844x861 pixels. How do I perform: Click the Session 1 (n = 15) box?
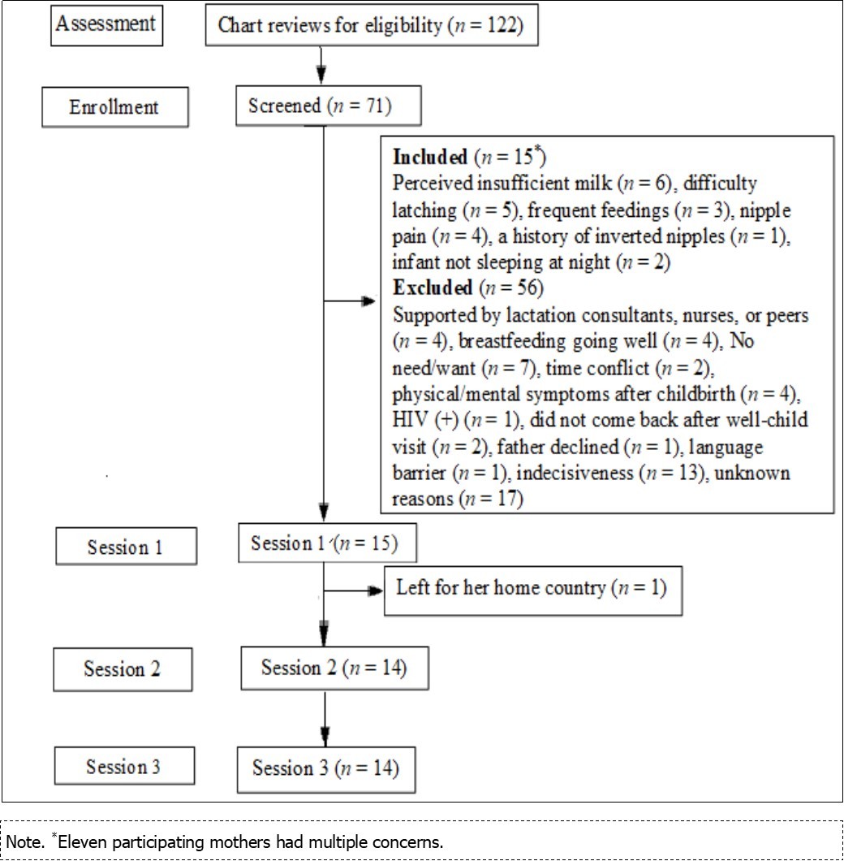click(x=327, y=543)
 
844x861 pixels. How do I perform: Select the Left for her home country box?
click(x=531, y=588)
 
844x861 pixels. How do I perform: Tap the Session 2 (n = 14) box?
click(x=334, y=668)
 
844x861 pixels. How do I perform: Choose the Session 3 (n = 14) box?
click(x=325, y=768)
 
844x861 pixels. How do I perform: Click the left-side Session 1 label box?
click(x=125, y=547)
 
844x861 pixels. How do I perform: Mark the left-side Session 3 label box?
click(x=124, y=766)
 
